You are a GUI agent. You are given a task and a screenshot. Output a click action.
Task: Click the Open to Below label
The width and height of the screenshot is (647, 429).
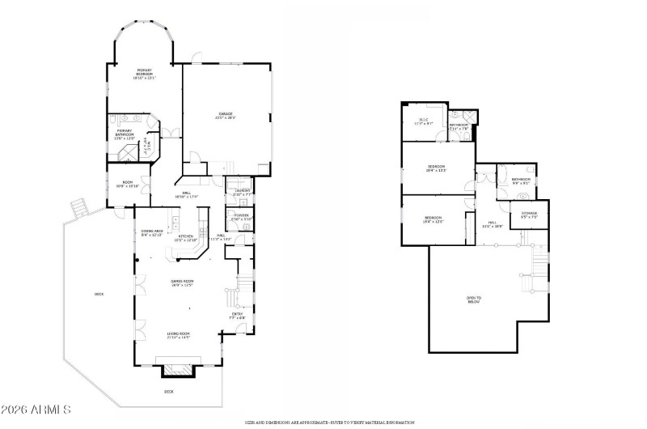[474, 299]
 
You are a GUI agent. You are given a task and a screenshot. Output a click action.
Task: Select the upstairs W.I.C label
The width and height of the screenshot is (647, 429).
[424, 122]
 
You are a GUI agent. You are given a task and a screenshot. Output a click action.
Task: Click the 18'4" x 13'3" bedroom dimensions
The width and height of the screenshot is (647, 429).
[437, 170]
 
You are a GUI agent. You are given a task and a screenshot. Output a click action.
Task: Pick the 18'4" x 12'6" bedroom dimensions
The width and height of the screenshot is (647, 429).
[433, 220]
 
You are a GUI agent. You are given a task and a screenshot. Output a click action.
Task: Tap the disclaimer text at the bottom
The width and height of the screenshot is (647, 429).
[330, 423]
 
